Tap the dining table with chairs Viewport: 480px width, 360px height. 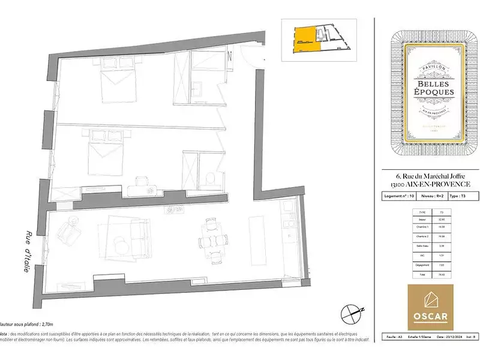[211, 238]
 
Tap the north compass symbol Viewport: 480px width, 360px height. [351, 312]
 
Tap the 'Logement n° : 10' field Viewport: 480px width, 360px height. [399, 196]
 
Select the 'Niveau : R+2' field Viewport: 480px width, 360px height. [432, 196]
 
